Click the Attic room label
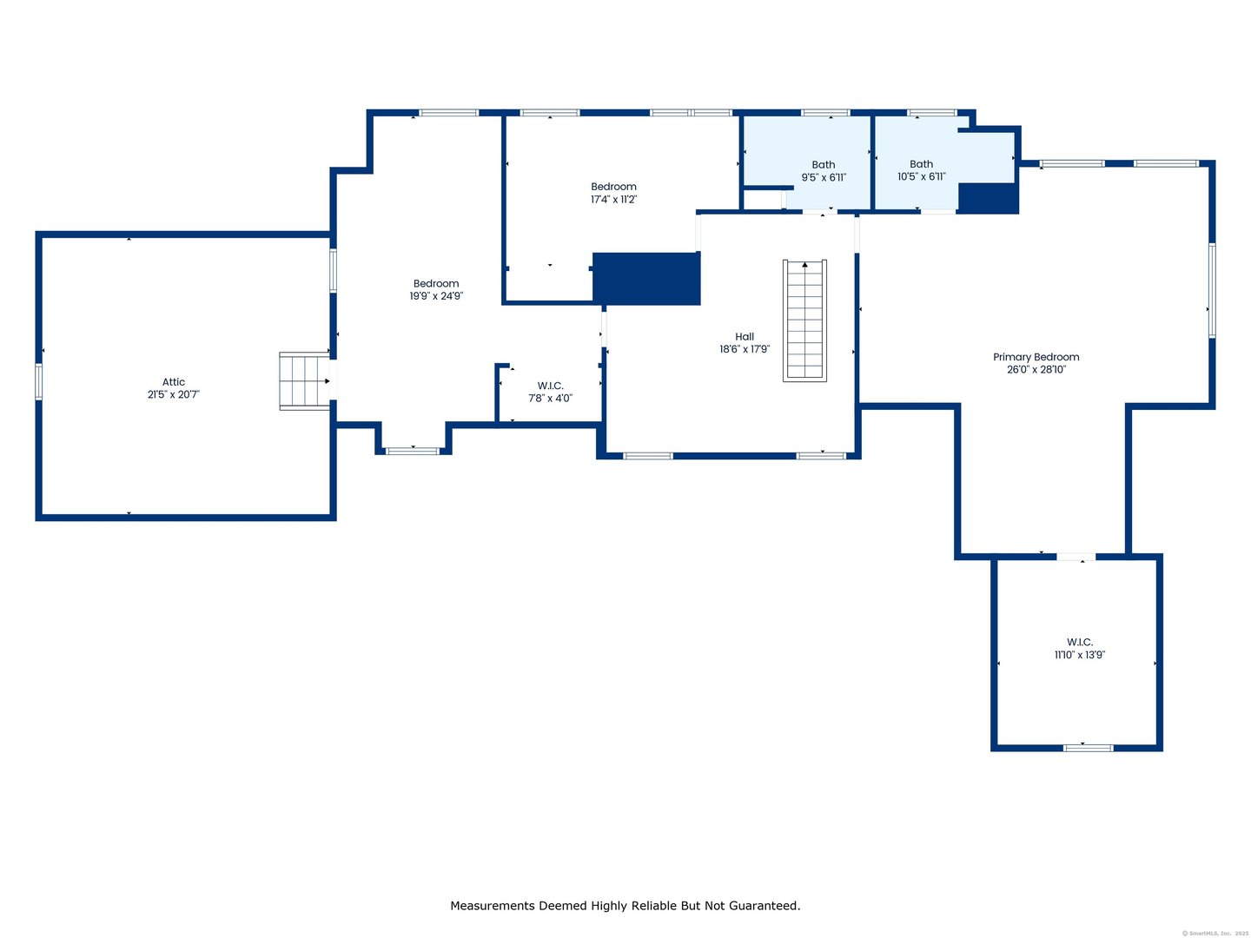(x=173, y=382)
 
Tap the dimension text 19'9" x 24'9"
(x=436, y=296)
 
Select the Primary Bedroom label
(x=1036, y=357)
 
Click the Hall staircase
(x=804, y=320)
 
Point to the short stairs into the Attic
(x=304, y=380)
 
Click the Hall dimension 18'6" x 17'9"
(x=745, y=349)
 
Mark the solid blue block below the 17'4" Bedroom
(x=646, y=279)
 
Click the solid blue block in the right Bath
(x=988, y=198)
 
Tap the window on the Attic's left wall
(x=38, y=381)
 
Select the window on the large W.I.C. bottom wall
(x=1088, y=747)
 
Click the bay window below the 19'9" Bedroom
(x=413, y=451)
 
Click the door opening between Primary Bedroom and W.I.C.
(x=1076, y=557)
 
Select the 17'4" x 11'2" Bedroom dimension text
(x=613, y=200)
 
